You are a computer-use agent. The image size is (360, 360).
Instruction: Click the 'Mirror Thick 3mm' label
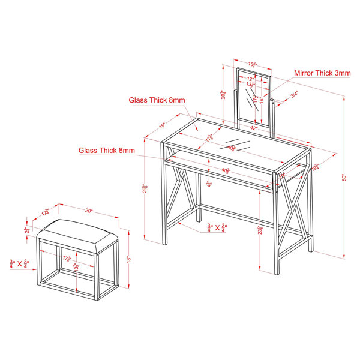pos(322,73)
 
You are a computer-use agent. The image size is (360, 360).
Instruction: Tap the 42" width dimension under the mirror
pos(253,128)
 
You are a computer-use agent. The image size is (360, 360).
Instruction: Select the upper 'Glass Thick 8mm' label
pos(157,100)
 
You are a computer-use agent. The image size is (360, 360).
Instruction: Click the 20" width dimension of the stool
pos(89,211)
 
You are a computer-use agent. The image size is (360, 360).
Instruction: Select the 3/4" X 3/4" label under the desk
pos(217,227)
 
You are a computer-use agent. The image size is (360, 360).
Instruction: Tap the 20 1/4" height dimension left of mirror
pos(224,94)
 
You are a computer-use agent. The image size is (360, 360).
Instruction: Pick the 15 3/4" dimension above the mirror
pos(253,64)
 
